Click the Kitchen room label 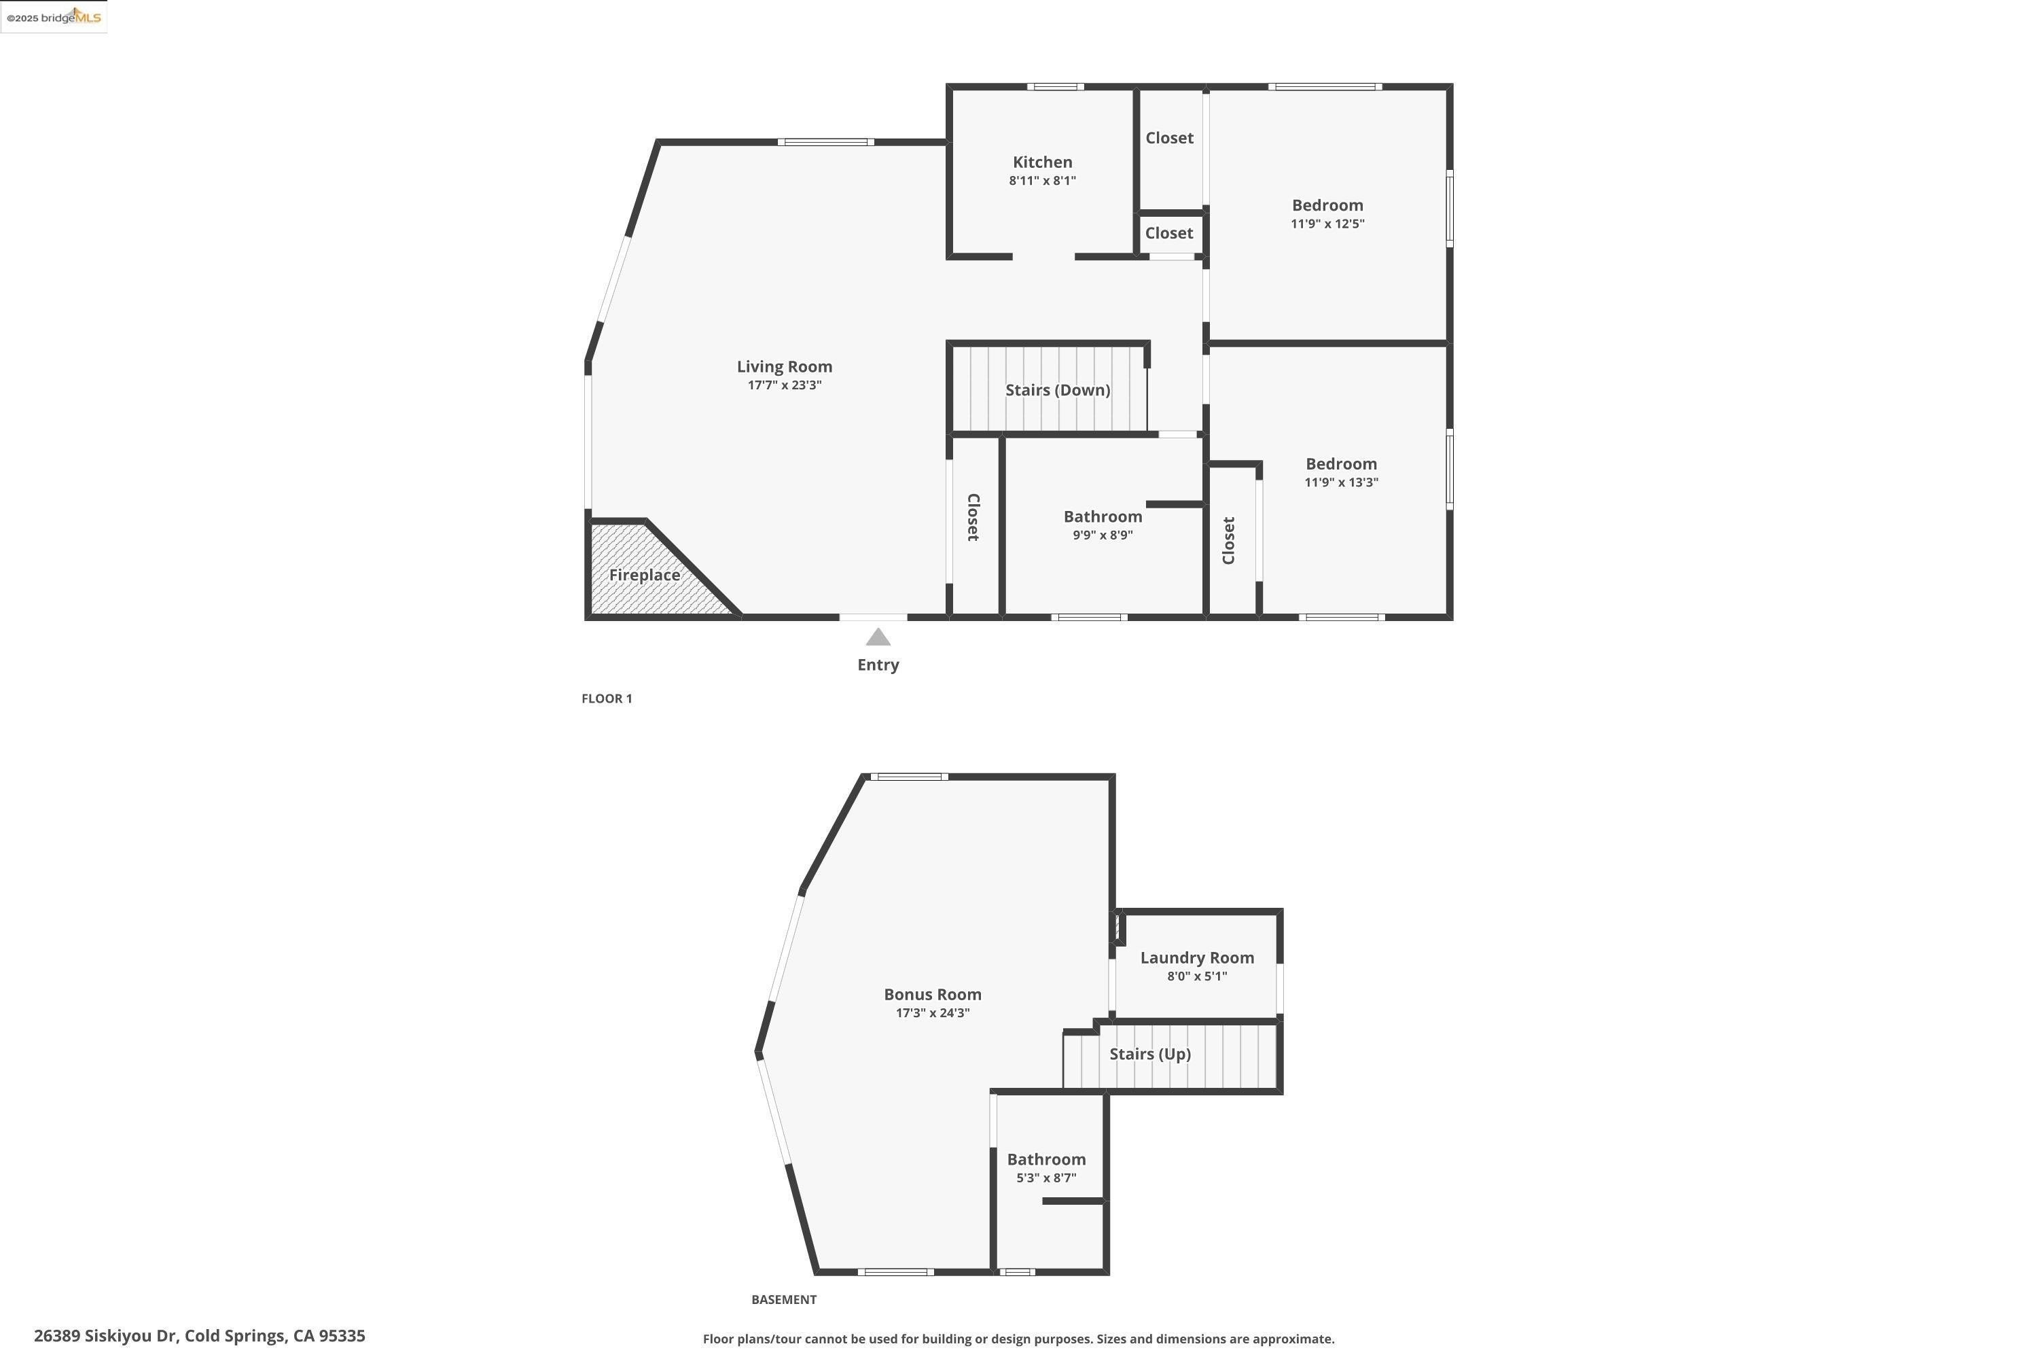point(1042,162)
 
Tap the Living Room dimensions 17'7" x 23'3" point(784,385)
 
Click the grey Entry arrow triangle point(878,638)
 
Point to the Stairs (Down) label point(1057,390)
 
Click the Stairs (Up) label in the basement point(1150,1054)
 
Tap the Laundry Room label point(1196,957)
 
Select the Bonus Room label point(932,994)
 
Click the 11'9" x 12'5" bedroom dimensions point(1327,224)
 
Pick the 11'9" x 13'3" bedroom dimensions point(1340,482)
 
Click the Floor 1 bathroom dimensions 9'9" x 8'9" point(1102,535)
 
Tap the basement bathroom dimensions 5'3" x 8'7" point(1046,1178)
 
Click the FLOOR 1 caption point(607,699)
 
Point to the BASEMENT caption point(783,1299)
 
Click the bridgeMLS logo point(54,18)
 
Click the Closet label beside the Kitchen point(1169,138)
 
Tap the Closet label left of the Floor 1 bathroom point(973,517)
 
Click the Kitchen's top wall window point(1054,87)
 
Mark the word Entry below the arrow point(878,665)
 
